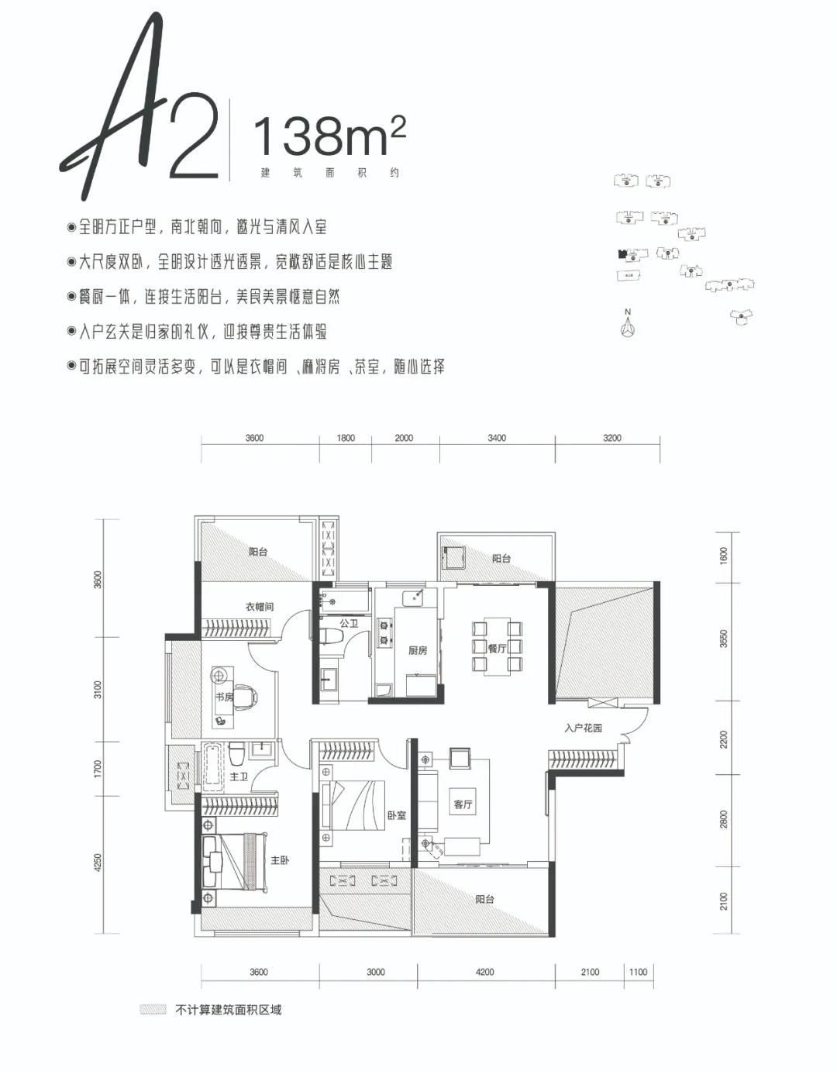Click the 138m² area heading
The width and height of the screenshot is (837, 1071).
(329, 136)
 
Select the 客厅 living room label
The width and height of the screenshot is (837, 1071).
(463, 804)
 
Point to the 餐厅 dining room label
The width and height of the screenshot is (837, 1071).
(497, 648)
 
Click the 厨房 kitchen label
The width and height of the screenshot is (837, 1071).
(418, 650)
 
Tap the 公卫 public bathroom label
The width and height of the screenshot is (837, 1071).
(349, 623)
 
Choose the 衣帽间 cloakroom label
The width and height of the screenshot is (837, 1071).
(260, 607)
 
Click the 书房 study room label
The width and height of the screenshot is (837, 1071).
(224, 697)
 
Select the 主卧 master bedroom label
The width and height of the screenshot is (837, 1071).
(280, 860)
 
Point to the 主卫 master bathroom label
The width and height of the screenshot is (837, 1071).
(239, 776)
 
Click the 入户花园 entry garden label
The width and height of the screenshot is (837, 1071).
(583, 728)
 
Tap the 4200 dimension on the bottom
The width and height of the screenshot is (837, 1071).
(484, 972)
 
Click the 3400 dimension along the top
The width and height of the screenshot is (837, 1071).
(497, 438)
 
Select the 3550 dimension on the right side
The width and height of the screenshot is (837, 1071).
(724, 639)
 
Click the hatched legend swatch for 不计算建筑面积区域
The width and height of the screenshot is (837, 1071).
(153, 1010)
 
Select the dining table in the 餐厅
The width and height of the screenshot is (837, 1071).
(497, 648)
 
